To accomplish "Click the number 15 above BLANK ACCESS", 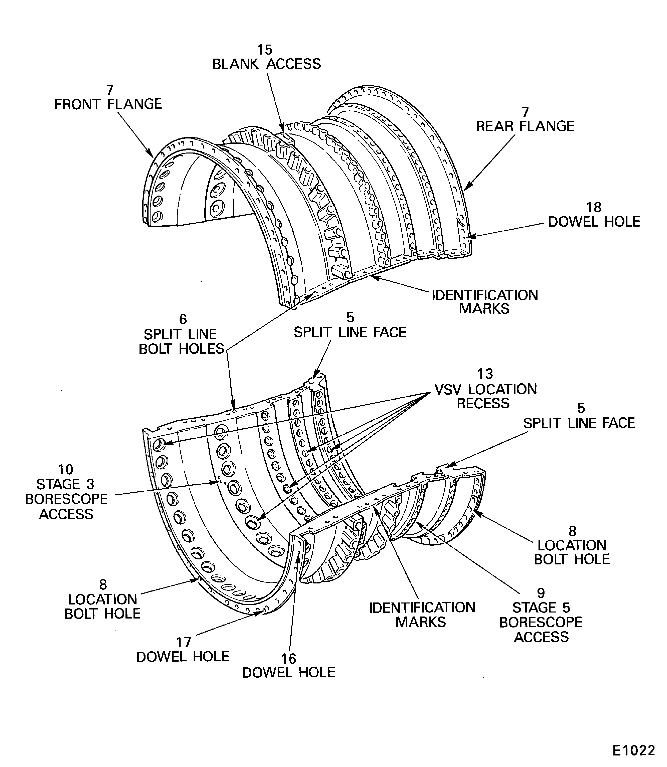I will [x=265, y=50].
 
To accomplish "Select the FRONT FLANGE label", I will [x=108, y=104].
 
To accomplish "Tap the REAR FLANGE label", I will [x=525, y=126].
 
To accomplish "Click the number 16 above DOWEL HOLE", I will [x=289, y=659].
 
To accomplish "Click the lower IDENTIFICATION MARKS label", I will [x=422, y=615].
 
